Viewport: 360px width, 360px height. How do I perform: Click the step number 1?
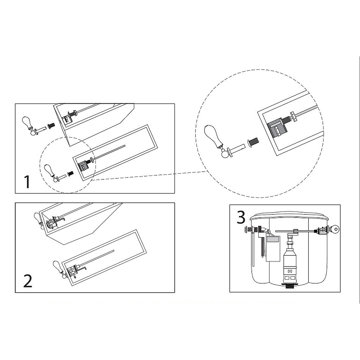tap(27, 182)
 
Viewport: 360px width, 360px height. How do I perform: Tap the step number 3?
tap(241, 218)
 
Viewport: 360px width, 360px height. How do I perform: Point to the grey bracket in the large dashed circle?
tap(277, 129)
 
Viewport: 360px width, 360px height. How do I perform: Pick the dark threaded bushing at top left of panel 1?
tap(51, 126)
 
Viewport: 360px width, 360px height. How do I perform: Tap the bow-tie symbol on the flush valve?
tap(290, 271)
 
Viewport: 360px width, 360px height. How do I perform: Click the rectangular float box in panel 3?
tap(273, 249)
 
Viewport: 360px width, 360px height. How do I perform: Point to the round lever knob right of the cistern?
tap(335, 229)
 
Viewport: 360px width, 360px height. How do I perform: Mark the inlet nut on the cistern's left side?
tap(248, 229)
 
